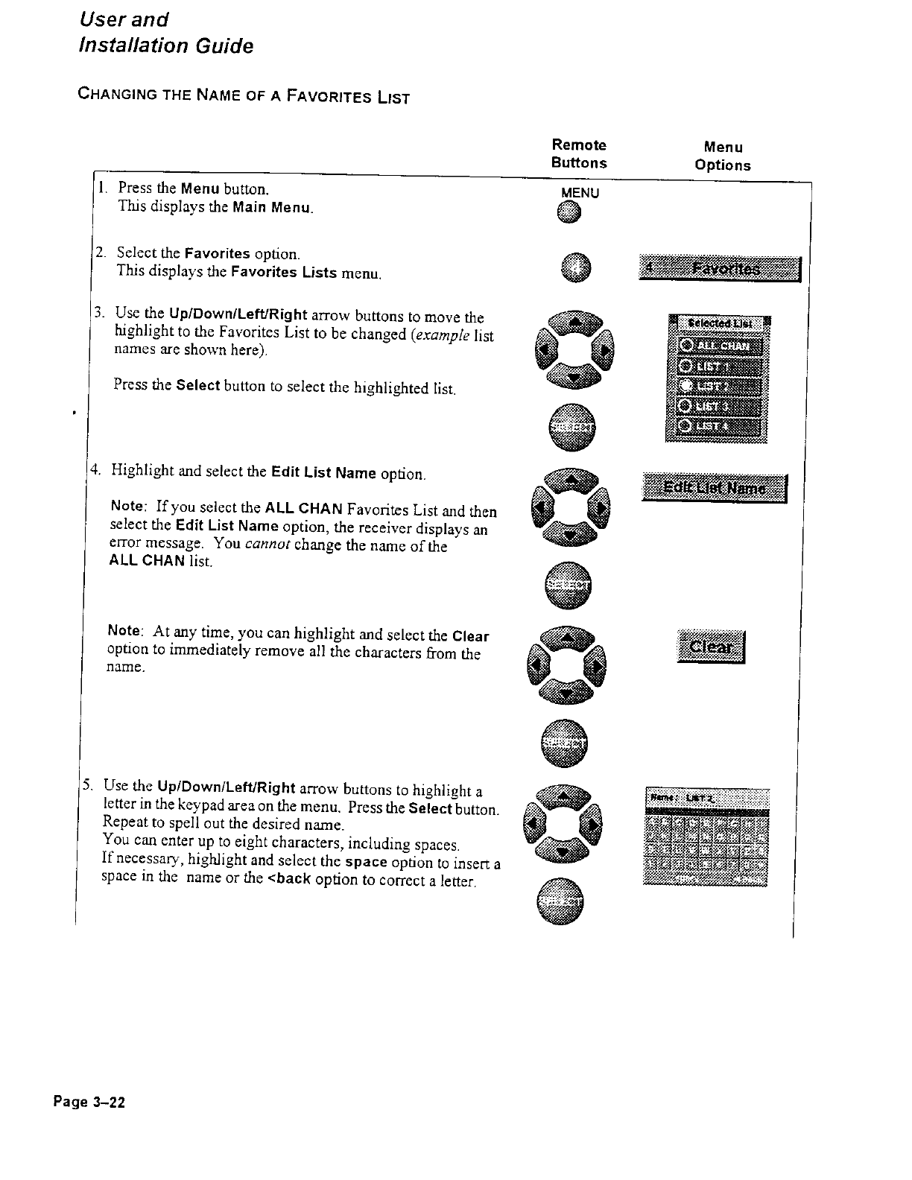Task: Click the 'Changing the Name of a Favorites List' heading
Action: point(244,97)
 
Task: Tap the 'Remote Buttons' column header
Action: point(579,153)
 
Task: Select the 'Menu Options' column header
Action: point(722,156)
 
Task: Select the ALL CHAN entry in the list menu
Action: point(720,346)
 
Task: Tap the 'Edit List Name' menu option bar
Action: point(714,489)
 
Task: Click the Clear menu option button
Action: point(712,647)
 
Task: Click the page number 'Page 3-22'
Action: point(88,1102)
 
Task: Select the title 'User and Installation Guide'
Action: point(165,33)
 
